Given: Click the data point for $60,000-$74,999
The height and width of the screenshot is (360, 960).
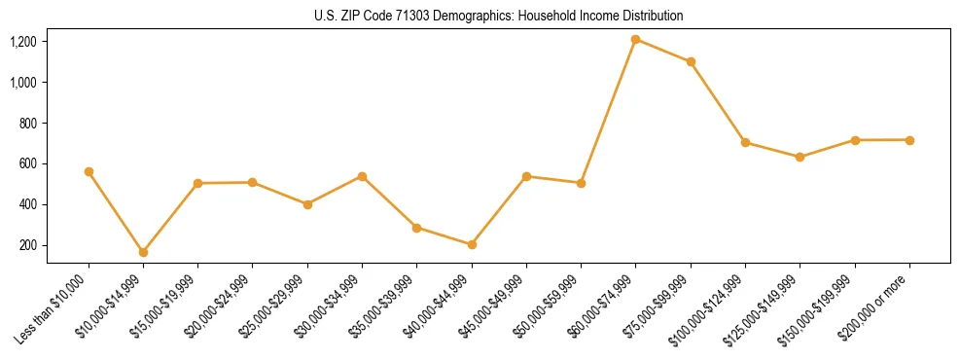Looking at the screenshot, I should tap(636, 40).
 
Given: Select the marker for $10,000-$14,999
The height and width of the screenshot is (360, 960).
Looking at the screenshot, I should tap(143, 252).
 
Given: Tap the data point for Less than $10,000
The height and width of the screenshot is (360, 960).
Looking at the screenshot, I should tap(89, 171).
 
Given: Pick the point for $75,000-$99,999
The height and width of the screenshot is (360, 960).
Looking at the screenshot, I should tap(691, 61).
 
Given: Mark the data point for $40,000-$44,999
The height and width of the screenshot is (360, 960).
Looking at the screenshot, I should tap(472, 244).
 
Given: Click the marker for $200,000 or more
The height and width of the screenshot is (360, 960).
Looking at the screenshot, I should tap(909, 140).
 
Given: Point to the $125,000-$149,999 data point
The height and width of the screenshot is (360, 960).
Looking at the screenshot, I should tap(800, 157).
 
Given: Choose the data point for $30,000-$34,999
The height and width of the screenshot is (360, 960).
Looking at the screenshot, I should tap(362, 176).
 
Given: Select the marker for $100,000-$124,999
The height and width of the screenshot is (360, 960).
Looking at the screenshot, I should tap(745, 142).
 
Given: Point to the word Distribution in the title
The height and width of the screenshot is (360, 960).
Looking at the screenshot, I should tap(650, 16).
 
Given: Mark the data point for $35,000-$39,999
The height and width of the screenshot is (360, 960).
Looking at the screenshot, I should tap(416, 228).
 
